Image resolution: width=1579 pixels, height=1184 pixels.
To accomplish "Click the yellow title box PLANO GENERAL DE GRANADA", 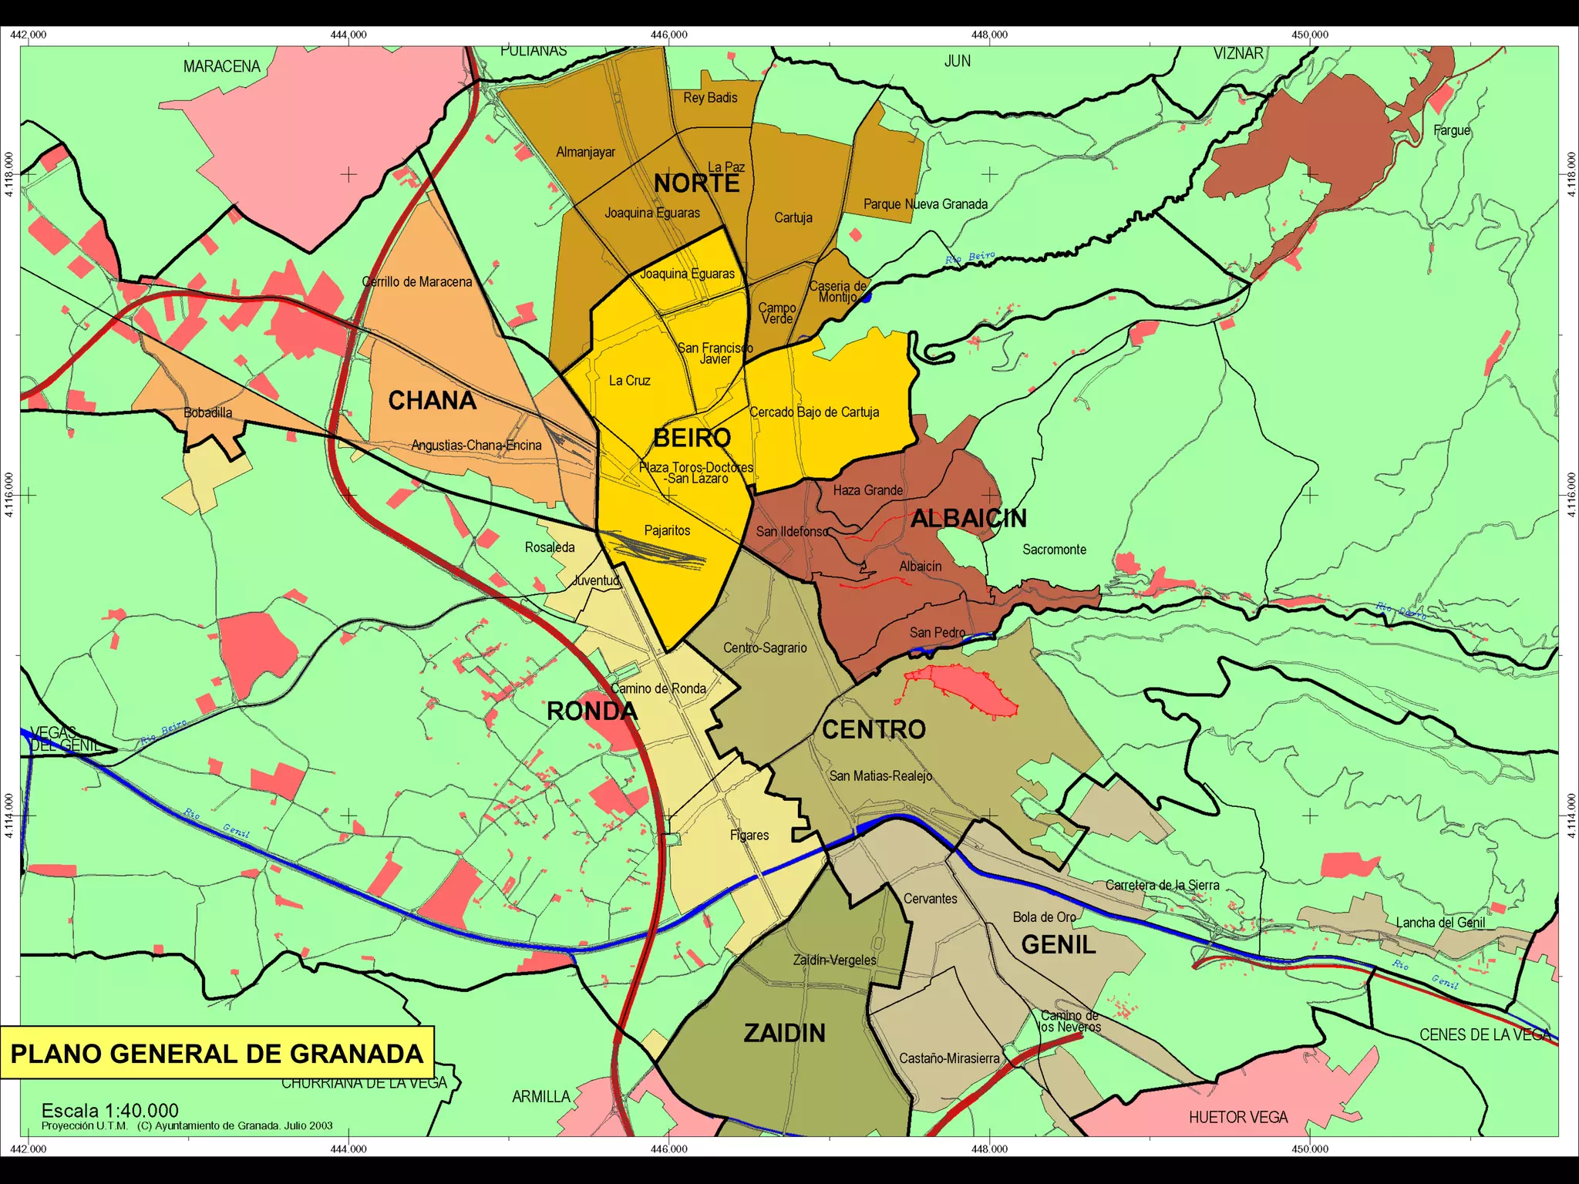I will tap(217, 1054).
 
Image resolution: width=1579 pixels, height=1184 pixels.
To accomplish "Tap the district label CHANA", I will tap(432, 401).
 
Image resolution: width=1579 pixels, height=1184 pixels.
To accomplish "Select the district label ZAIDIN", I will tap(784, 1033).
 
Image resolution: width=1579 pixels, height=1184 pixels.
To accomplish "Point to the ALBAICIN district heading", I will tap(968, 519).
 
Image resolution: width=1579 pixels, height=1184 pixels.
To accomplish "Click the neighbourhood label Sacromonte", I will tap(1054, 550).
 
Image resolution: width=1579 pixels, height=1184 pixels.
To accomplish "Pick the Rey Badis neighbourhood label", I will tap(710, 98).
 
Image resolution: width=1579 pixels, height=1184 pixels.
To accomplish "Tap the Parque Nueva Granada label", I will tap(925, 204).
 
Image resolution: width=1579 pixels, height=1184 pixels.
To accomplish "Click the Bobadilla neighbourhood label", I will tap(207, 412).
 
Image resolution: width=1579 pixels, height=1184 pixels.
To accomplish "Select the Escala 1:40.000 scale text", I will tap(109, 1111).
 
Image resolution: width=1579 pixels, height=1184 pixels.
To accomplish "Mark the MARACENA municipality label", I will tap(222, 66).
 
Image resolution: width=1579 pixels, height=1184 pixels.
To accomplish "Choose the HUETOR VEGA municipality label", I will tap(1238, 1117).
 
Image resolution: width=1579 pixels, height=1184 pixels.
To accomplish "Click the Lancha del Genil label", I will tap(1440, 923).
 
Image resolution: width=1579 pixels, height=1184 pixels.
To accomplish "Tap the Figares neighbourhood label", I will tap(749, 835).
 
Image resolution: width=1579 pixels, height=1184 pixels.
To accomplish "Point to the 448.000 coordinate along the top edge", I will tap(989, 35).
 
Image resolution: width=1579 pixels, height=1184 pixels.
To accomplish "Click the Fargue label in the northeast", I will tap(1452, 130).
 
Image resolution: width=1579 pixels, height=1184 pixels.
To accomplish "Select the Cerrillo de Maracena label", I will tap(417, 282).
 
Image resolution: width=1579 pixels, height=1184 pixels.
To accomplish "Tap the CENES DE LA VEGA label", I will tap(1484, 1034).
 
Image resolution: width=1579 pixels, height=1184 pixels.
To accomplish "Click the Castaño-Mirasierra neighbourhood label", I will tap(949, 1058).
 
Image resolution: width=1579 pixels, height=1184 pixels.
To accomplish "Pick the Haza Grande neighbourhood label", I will tap(867, 490).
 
